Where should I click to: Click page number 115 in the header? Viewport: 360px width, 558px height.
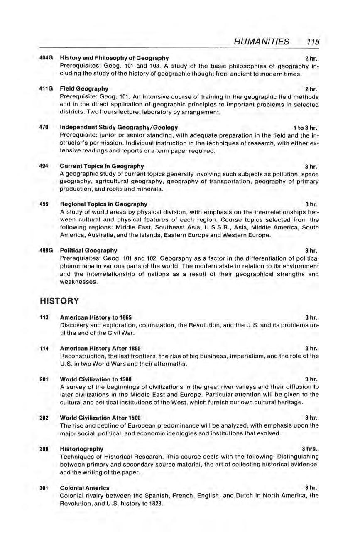pos(311,42)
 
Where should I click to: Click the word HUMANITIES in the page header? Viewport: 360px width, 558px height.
pos(261,42)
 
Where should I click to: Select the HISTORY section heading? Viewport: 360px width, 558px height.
pos(59,300)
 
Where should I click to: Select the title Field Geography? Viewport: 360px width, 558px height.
pos(84,88)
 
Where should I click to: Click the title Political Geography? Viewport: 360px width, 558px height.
pos(88,250)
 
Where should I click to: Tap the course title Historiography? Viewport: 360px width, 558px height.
pos(82,449)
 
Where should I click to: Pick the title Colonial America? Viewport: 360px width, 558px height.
pos(85,488)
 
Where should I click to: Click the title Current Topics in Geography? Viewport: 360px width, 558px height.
pos(102,166)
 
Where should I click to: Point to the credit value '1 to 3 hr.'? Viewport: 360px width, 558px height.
pos(305,128)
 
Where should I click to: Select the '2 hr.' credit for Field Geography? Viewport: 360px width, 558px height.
pos(311,89)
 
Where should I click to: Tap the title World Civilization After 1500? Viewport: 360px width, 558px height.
pos(100,418)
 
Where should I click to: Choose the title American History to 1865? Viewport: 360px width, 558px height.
pos(96,317)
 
